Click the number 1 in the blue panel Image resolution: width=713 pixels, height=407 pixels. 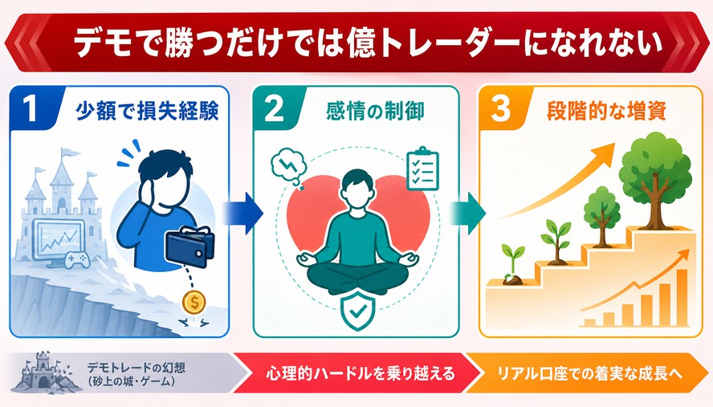pyautogui.click(x=31, y=109)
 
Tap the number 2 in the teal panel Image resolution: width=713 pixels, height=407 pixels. pyautogui.click(x=274, y=109)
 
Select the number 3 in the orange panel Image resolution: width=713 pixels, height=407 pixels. pyautogui.click(x=501, y=109)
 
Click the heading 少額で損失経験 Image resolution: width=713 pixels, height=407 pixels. pyautogui.click(x=147, y=111)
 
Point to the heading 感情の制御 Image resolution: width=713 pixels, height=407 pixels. pyautogui.click(x=375, y=111)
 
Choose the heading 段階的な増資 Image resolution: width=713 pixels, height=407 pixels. pyautogui.click(x=606, y=111)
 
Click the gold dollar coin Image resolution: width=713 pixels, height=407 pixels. pyautogui.click(x=194, y=303)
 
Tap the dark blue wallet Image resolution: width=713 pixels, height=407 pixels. pyautogui.click(x=191, y=246)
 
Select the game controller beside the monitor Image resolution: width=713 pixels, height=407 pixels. pyautogui.click(x=76, y=261)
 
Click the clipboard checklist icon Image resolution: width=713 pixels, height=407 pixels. pyautogui.click(x=422, y=169)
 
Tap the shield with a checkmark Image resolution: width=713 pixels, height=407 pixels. pyautogui.click(x=358, y=311)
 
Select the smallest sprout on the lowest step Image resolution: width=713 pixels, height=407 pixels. pyautogui.click(x=512, y=265)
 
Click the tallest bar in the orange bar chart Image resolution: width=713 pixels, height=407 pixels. pyautogui.click(x=682, y=298)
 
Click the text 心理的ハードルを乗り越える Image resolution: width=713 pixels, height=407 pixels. pyautogui.click(x=361, y=373)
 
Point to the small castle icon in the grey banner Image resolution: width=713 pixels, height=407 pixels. pyautogui.click(x=42, y=372)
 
